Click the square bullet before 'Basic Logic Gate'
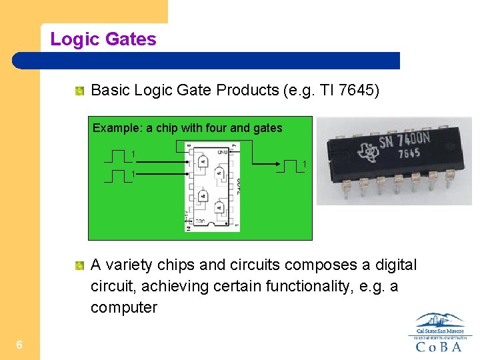79,90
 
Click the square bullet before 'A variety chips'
79,266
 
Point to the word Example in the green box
113,128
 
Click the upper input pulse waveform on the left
117,157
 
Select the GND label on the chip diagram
223,152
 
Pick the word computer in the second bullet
124,308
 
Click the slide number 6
20,345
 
